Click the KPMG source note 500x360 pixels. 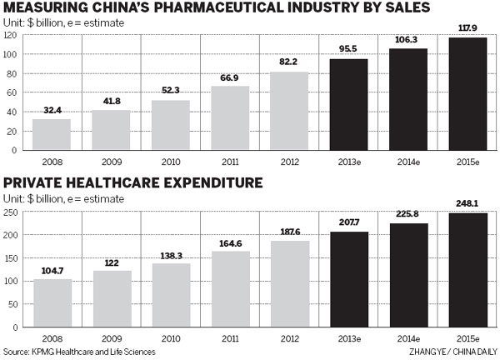79,352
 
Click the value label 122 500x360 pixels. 112,263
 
